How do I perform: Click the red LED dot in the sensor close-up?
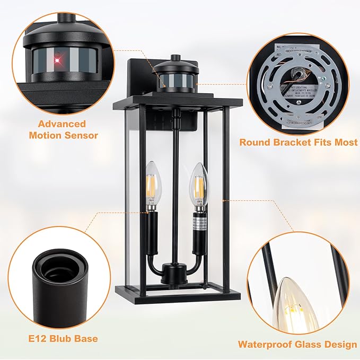tap(57, 61)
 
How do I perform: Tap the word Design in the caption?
tap(339, 345)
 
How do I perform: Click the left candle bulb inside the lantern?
tap(153, 186)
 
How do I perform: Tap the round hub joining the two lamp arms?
tap(174, 275)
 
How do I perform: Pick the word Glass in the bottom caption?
tap(311, 345)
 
